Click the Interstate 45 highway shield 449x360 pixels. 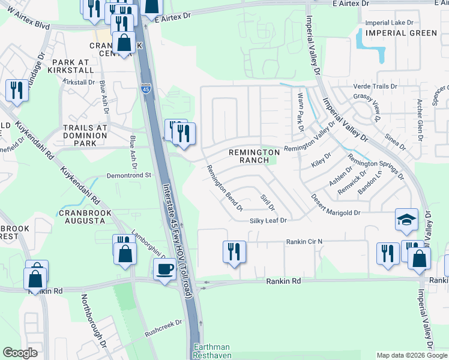coord(146,89)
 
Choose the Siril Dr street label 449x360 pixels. coord(268,203)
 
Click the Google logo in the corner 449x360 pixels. coord(20,353)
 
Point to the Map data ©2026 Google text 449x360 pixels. coord(411,355)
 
